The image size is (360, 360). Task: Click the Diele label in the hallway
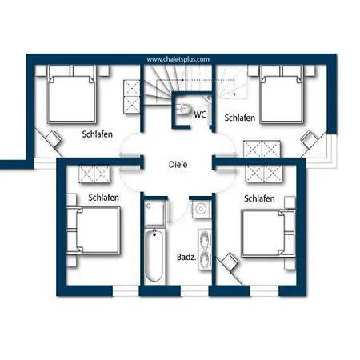[178, 165]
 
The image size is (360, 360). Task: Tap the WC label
[200, 114]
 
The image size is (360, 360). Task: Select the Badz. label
[186, 257]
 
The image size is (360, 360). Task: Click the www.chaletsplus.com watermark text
[178, 59]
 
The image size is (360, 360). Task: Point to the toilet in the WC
[183, 109]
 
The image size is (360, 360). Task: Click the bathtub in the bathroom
[154, 256]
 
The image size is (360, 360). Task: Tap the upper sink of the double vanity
[205, 238]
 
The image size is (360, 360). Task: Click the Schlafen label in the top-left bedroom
[97, 134]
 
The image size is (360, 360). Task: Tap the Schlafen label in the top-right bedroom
[239, 118]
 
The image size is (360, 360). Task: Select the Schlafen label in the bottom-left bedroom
[103, 198]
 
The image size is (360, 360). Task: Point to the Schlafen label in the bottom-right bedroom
[259, 198]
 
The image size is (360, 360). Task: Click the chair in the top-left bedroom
[54, 138]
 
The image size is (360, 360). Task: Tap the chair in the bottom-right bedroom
[230, 262]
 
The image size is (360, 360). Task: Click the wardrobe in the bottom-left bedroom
[94, 174]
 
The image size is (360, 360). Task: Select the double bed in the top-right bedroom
[282, 94]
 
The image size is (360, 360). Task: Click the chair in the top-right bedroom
[309, 139]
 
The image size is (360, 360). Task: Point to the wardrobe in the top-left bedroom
[132, 97]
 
